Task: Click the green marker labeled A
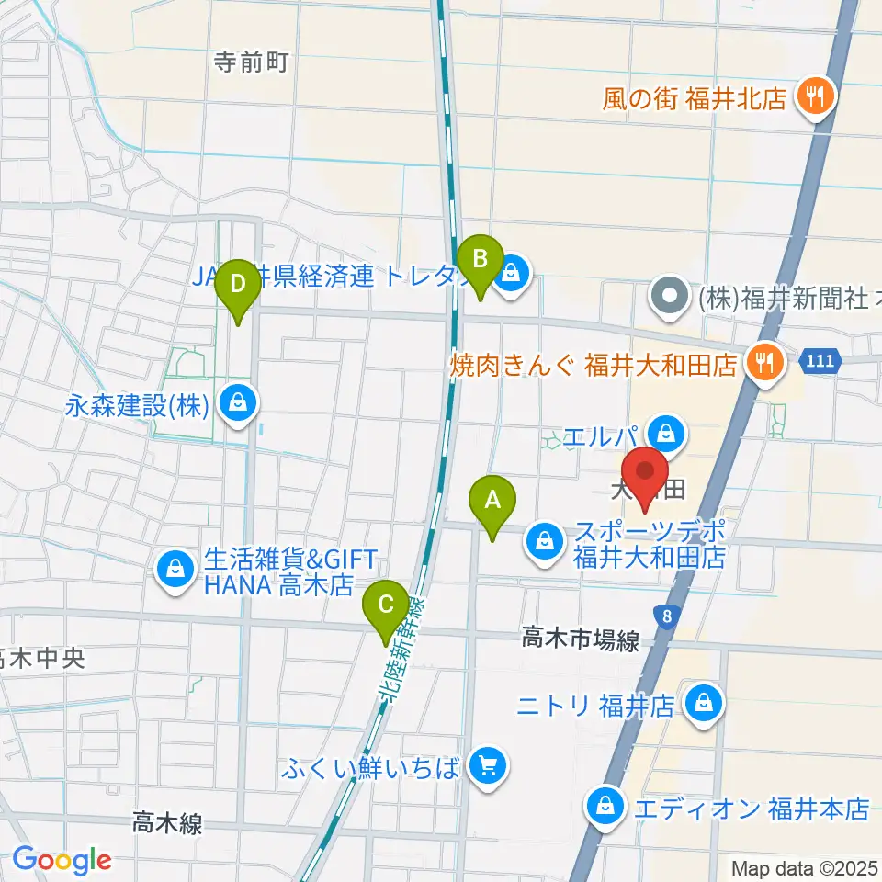[x=492, y=504]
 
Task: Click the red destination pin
[x=647, y=475]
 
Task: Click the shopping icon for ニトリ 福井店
[x=704, y=705]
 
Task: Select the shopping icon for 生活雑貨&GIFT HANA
[x=173, y=570]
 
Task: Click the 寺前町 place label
[x=251, y=62]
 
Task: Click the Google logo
[x=61, y=860]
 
